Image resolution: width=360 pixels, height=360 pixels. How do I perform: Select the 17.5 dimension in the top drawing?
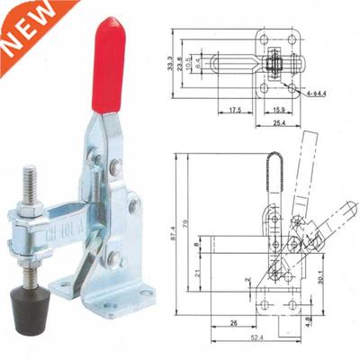tap(233, 111)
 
